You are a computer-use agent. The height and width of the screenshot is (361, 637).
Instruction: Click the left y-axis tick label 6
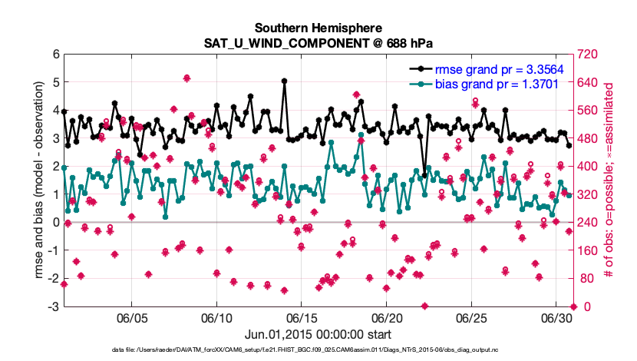(55, 55)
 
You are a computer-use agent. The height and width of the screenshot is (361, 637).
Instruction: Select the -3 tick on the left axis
(53, 306)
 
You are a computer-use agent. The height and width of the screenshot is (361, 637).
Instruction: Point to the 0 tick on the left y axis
(55, 223)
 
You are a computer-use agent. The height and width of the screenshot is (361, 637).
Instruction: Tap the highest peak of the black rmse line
(284, 80)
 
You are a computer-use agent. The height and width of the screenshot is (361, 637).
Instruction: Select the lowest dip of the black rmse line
(424, 175)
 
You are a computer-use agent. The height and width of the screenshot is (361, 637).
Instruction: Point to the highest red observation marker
(186, 78)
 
